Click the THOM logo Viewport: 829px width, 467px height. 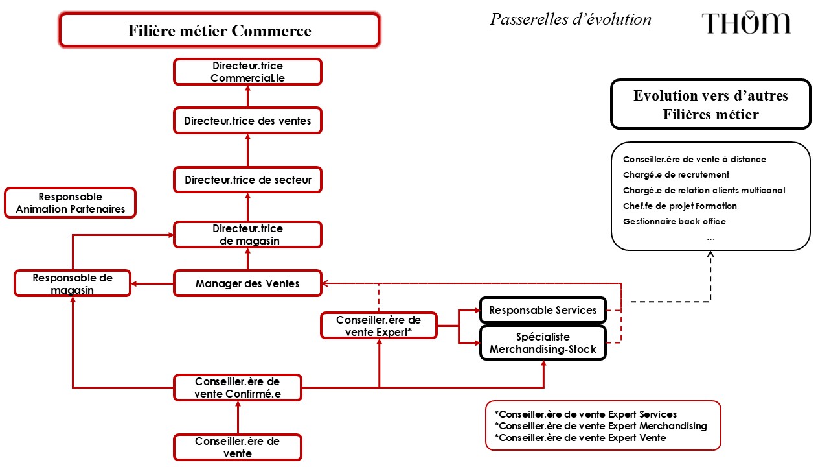point(746,23)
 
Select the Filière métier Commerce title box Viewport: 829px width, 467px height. point(219,30)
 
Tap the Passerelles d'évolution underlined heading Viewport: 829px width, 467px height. point(571,19)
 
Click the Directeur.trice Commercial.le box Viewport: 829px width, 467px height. point(247,71)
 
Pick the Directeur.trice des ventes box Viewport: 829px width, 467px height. point(247,121)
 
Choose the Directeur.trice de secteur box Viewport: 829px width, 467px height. point(247,180)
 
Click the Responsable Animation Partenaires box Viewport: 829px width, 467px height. point(70,202)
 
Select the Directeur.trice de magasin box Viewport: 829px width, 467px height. point(247,235)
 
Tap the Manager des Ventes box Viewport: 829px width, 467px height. point(247,283)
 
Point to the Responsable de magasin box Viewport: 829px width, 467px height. point(73,283)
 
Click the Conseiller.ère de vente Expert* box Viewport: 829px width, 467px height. point(378,326)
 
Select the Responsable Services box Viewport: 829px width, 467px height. point(543,310)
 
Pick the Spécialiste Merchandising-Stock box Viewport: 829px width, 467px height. point(543,343)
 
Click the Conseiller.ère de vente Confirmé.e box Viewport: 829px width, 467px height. point(238,387)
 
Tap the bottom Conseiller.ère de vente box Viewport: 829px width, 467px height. point(238,448)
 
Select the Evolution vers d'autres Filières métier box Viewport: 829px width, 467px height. point(710,104)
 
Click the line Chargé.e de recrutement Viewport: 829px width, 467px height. point(676,174)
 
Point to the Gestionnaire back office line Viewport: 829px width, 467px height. point(674,221)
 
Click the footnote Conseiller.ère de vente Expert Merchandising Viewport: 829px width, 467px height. point(600,426)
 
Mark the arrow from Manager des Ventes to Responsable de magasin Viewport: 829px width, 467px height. point(152,283)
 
